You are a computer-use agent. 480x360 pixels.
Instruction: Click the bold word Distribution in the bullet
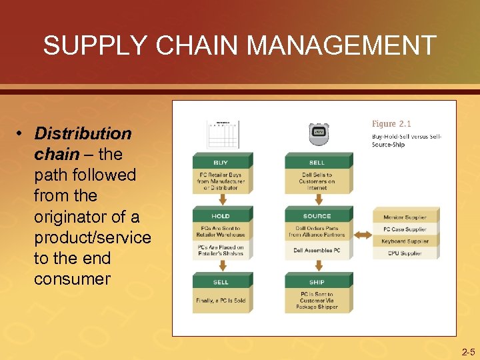click(83, 133)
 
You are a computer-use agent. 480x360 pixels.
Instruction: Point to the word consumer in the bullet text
click(72, 279)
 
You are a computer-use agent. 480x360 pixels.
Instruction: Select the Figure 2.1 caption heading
click(391, 124)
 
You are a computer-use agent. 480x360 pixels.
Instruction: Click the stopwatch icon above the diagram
click(317, 133)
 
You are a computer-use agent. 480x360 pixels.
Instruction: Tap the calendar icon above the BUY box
click(223, 133)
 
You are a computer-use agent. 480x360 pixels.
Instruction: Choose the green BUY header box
click(221, 162)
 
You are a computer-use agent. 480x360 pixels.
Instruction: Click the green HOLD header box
click(221, 216)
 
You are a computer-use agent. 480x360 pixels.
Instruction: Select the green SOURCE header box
click(317, 216)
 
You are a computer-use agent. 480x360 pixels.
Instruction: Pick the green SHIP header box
click(317, 282)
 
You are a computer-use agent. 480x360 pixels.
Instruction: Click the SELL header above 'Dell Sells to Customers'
click(317, 162)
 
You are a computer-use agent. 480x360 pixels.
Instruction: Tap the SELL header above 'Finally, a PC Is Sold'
click(221, 282)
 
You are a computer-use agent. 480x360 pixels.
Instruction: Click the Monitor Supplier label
click(405, 217)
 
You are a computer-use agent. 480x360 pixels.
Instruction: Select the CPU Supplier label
click(405, 253)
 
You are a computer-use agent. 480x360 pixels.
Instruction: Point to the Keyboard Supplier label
click(405, 241)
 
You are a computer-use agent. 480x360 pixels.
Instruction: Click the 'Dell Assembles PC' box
click(317, 251)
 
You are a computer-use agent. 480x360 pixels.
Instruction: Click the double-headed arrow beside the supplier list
click(363, 235)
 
